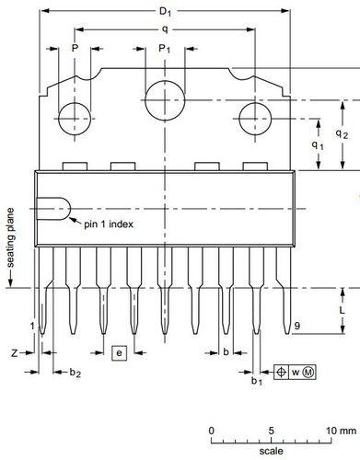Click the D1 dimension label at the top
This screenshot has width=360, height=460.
pyautogui.click(x=165, y=12)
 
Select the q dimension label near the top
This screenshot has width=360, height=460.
pyautogui.click(x=165, y=29)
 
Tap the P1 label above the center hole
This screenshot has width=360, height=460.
pyautogui.click(x=164, y=49)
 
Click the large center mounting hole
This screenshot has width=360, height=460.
pyautogui.click(x=165, y=100)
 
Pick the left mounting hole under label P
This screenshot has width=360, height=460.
pyautogui.click(x=75, y=119)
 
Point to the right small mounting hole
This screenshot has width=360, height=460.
pyautogui.click(x=255, y=119)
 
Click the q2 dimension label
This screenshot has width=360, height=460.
pyautogui.click(x=342, y=133)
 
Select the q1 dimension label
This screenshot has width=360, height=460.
pyautogui.click(x=318, y=144)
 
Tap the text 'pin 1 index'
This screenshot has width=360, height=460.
pyautogui.click(x=109, y=224)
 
